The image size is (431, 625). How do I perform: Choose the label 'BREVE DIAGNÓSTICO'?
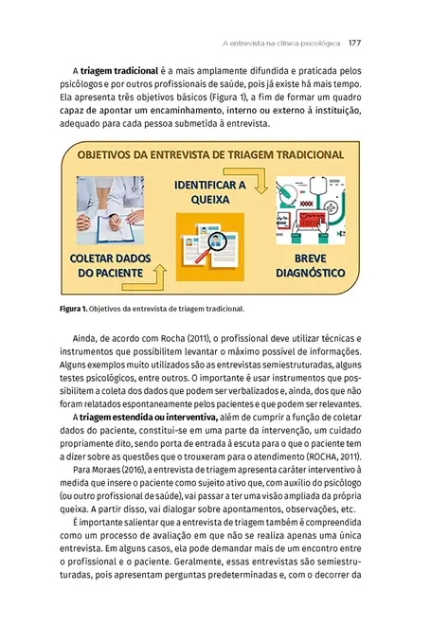[309, 265]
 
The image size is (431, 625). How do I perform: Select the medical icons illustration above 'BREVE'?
[309, 210]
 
